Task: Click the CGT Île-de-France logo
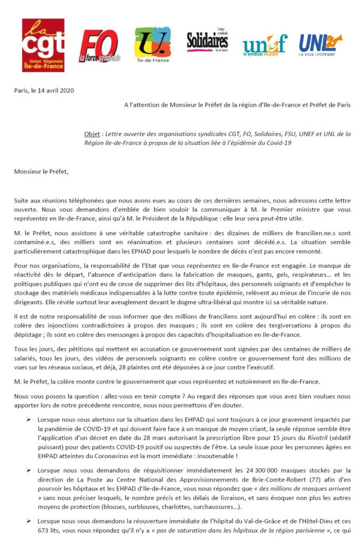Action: click(43, 45)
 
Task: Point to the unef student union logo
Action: click(265, 45)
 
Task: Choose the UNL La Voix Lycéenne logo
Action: click(320, 45)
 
